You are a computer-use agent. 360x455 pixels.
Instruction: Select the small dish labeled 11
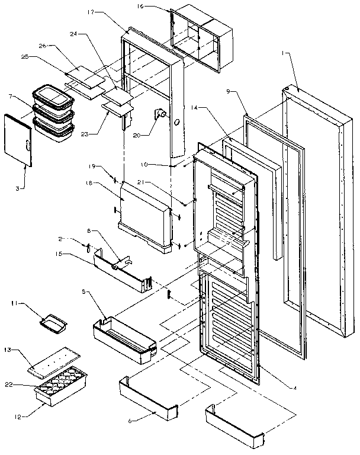point(52,323)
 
